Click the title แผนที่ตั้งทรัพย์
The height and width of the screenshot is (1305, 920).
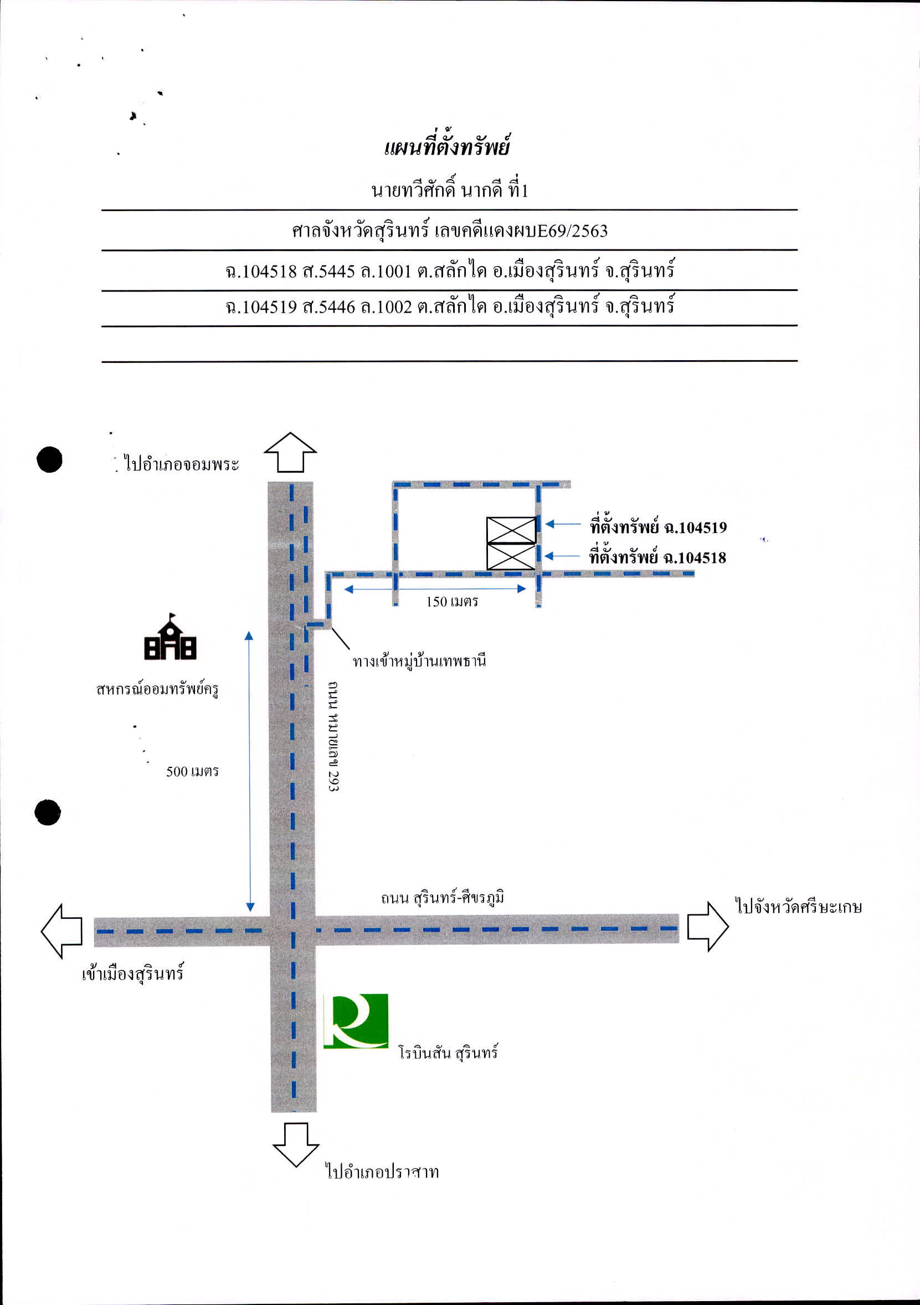(x=447, y=147)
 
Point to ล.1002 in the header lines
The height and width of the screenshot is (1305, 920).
(x=386, y=307)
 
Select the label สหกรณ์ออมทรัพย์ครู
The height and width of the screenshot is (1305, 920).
(x=157, y=689)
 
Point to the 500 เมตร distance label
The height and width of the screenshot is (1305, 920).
(x=192, y=771)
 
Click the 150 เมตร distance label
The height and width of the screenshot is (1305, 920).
(x=452, y=601)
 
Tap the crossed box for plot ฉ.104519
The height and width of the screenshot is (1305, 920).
(x=511, y=530)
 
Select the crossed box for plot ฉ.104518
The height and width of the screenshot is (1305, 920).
(x=511, y=557)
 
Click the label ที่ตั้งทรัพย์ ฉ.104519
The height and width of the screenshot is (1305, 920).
(x=658, y=527)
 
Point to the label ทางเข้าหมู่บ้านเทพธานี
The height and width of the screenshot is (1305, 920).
(x=419, y=662)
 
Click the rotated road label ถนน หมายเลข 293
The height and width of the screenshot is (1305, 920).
(x=333, y=736)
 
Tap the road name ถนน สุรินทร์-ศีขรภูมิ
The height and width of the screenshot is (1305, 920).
(x=443, y=898)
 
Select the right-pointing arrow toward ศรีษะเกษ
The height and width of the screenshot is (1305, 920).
(x=708, y=927)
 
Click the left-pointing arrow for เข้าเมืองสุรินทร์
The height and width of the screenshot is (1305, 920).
(x=62, y=931)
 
